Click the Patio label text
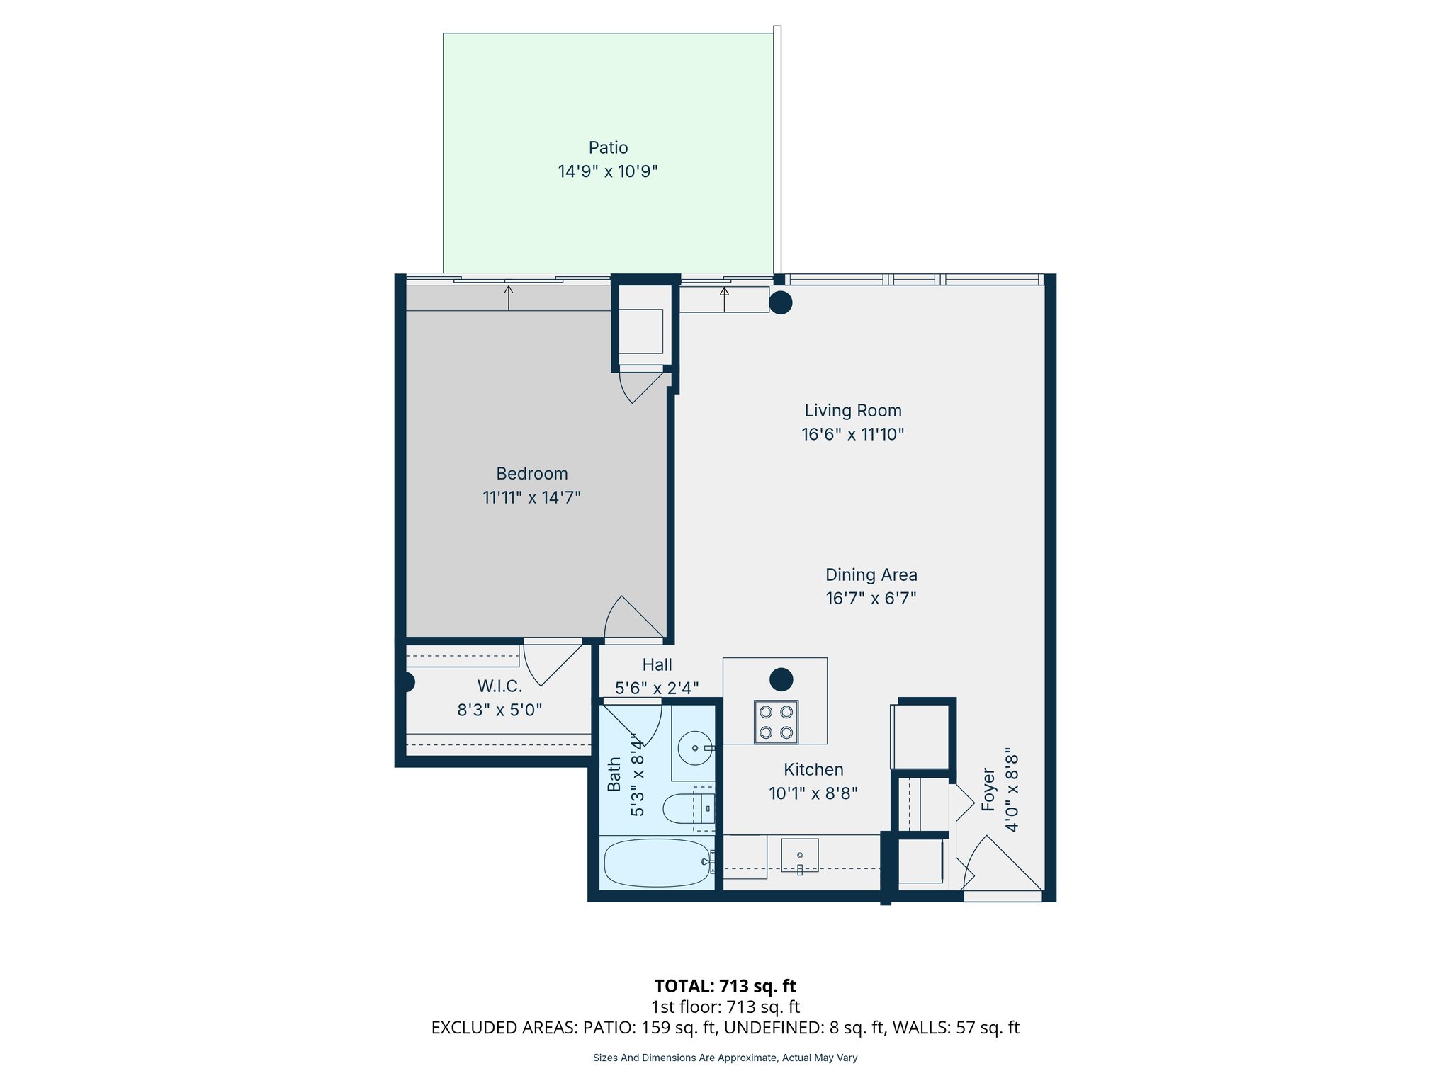pyautogui.click(x=608, y=147)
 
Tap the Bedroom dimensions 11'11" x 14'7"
pyautogui.click(x=531, y=497)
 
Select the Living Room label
pyautogui.click(x=852, y=411)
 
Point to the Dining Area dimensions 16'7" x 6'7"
pyautogui.click(x=871, y=599)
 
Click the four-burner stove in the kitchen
pyautogui.click(x=776, y=722)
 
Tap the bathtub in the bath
pyautogui.click(x=656, y=863)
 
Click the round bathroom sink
pyautogui.click(x=694, y=748)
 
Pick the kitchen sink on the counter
pyautogui.click(x=800, y=855)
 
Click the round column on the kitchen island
pyautogui.click(x=781, y=679)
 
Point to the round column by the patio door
pyautogui.click(x=780, y=302)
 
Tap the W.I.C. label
pyautogui.click(x=499, y=686)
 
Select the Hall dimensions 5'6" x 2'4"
pyautogui.click(x=657, y=688)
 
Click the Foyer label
pyautogui.click(x=988, y=789)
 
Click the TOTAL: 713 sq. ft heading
pyautogui.click(x=725, y=986)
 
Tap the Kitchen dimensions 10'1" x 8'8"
pyautogui.click(x=813, y=793)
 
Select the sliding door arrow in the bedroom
pyautogui.click(x=509, y=297)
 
